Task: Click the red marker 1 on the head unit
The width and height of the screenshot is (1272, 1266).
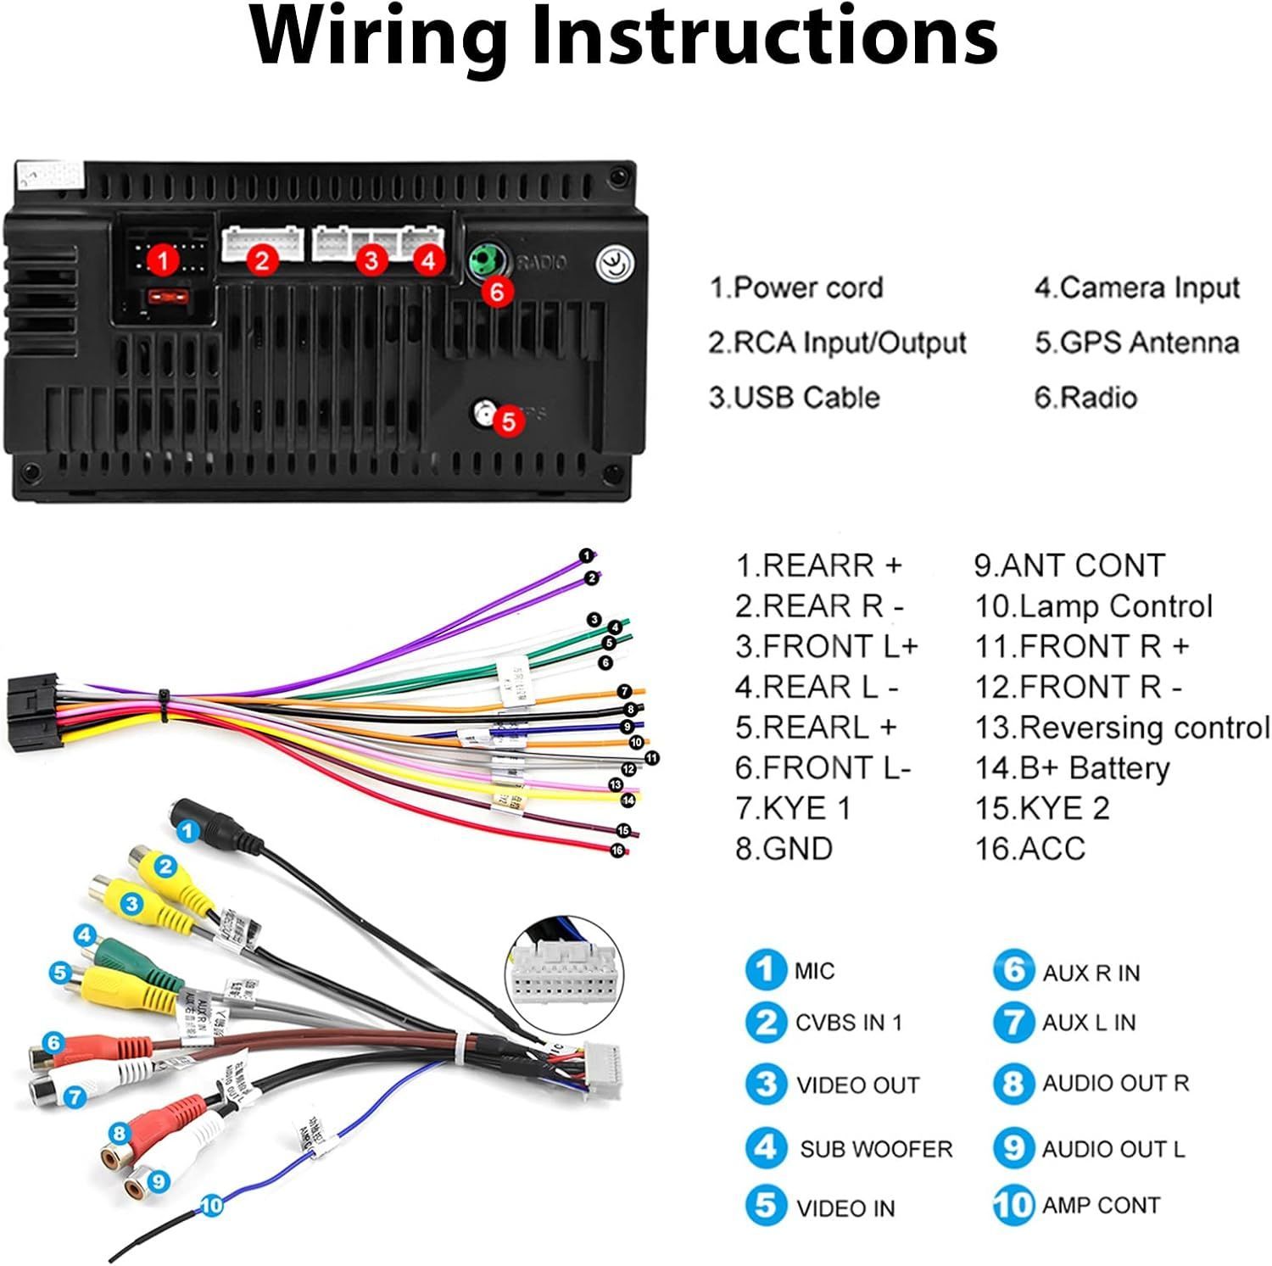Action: pyautogui.click(x=163, y=260)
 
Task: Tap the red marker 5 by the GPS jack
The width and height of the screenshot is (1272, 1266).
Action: pyautogui.click(x=507, y=421)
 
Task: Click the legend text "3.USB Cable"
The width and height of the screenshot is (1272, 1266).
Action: pyautogui.click(x=794, y=397)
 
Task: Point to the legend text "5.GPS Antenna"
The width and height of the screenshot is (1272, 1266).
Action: pyautogui.click(x=1136, y=343)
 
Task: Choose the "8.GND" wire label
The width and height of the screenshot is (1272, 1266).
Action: pyautogui.click(x=784, y=848)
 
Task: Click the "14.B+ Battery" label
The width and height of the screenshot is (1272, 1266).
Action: pyautogui.click(x=1072, y=767)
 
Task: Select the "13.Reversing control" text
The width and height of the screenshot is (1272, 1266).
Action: pyautogui.click(x=1122, y=728)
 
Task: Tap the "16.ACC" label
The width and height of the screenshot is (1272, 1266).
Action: pyautogui.click(x=1029, y=848)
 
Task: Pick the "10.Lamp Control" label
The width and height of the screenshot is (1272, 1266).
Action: pyautogui.click(x=1093, y=606)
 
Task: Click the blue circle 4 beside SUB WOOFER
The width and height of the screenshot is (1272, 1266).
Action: pyautogui.click(x=766, y=1147)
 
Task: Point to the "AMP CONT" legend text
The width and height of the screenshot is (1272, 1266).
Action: pyautogui.click(x=1100, y=1205)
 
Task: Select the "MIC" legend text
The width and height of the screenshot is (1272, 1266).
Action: pyautogui.click(x=814, y=970)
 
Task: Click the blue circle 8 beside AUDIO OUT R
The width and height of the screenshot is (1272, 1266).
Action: pyautogui.click(x=1013, y=1083)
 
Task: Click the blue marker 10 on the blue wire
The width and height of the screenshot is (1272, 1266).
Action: pyautogui.click(x=212, y=1204)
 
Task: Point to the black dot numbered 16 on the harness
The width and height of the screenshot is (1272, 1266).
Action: pyautogui.click(x=617, y=851)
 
